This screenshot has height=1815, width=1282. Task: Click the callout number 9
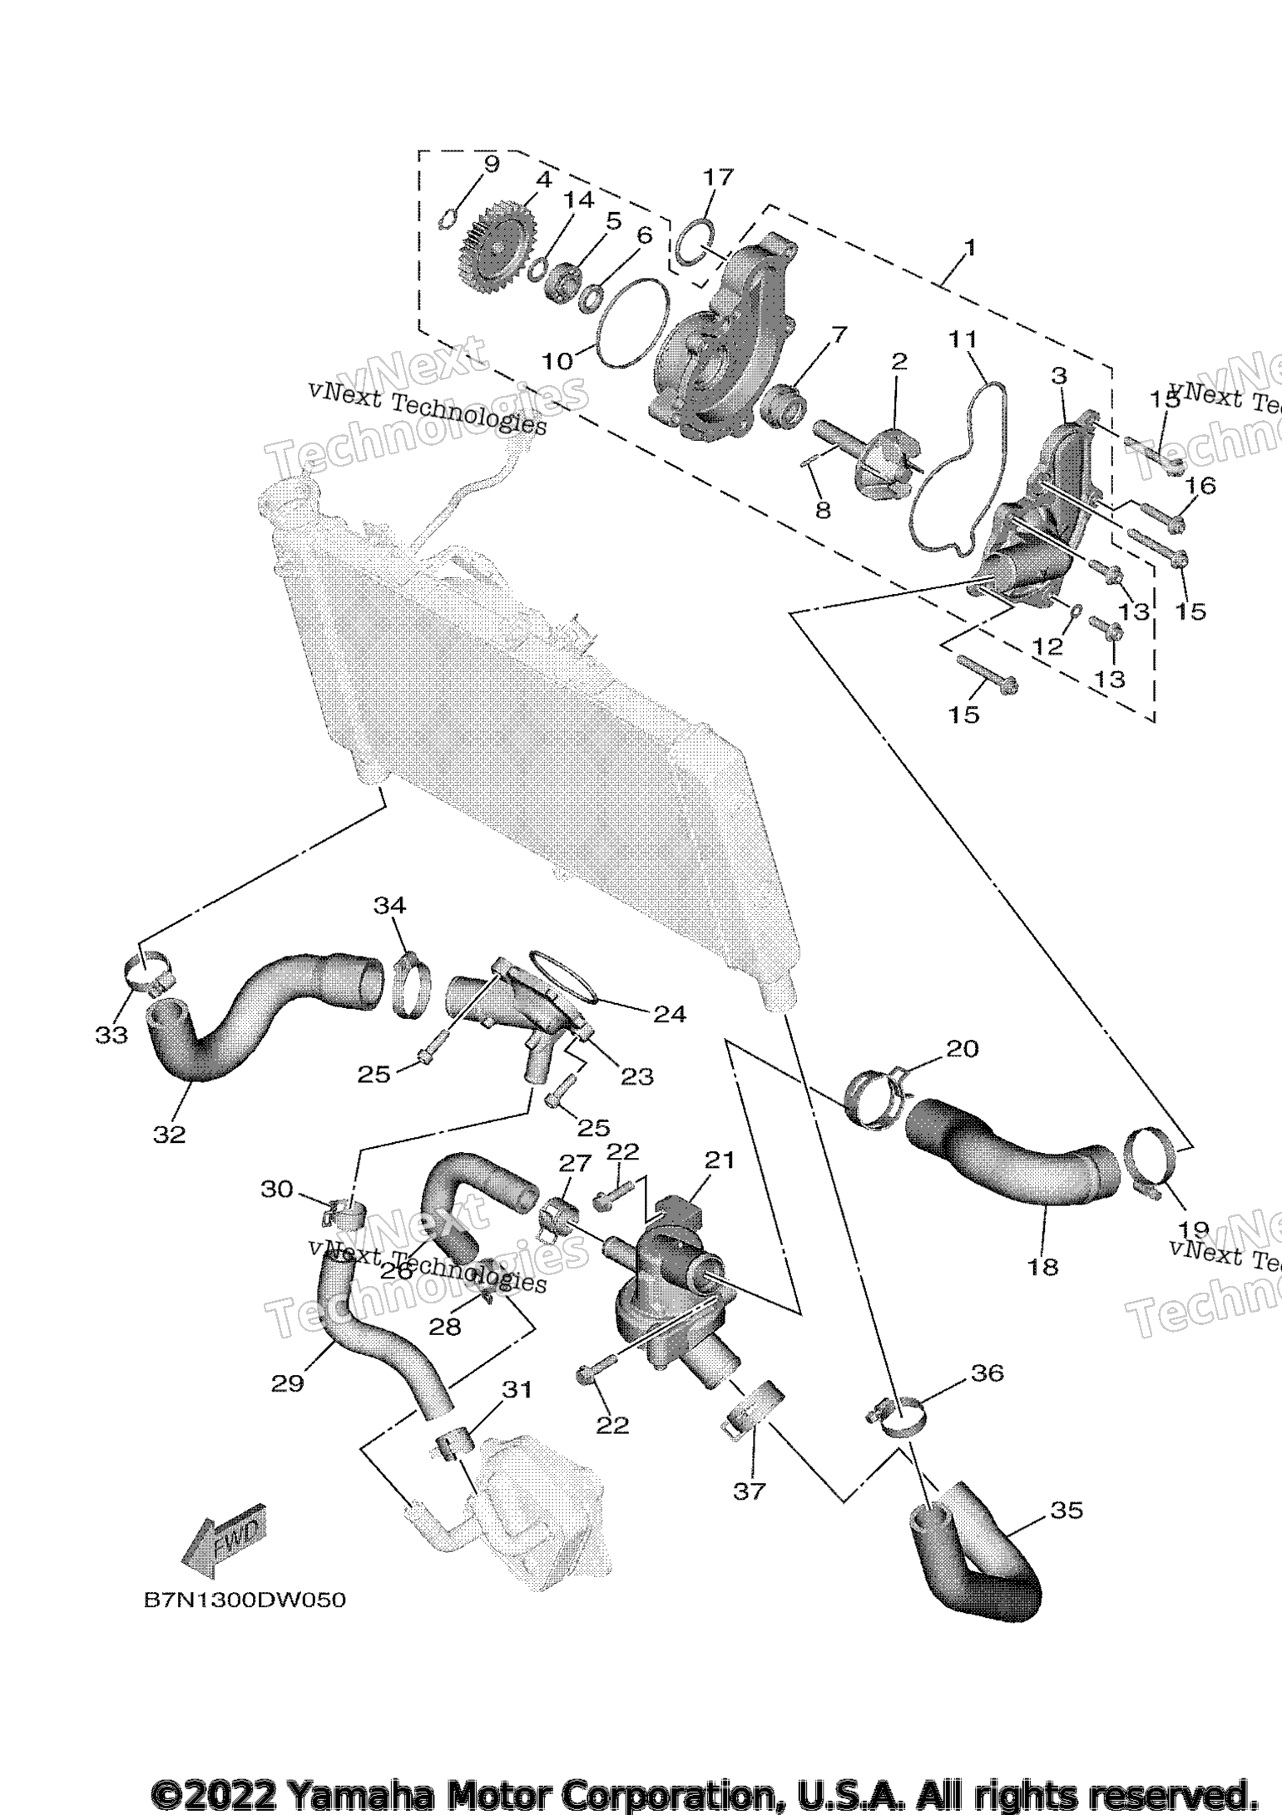[x=491, y=164]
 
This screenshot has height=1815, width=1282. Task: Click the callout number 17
[x=719, y=176]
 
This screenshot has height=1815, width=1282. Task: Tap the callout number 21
[x=719, y=1160]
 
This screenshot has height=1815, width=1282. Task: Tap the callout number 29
[x=288, y=1382]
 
